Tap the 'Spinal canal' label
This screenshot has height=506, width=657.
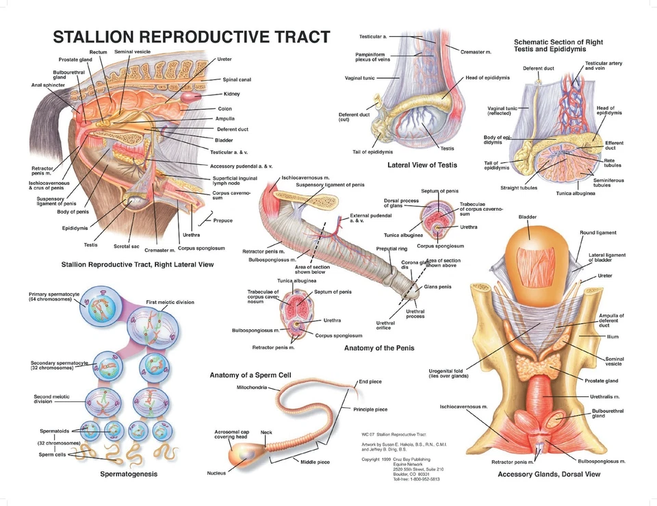237,79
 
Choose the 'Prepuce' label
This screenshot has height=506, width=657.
222,220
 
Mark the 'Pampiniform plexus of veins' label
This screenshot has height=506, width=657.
373,57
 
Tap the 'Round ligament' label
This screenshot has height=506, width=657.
597,233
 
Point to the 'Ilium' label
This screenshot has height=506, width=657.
612,337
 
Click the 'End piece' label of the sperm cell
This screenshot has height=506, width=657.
370,381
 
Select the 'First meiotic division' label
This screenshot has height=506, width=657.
170,302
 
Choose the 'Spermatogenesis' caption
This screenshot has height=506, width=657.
129,474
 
